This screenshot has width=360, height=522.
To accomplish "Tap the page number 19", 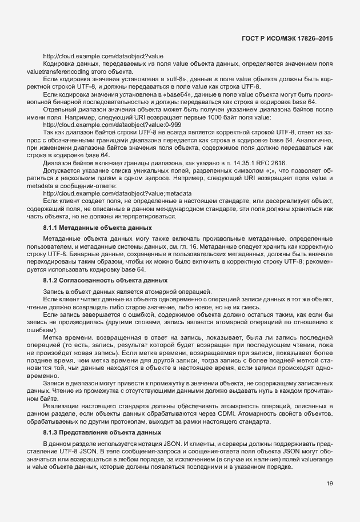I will [x=330, y=484].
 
